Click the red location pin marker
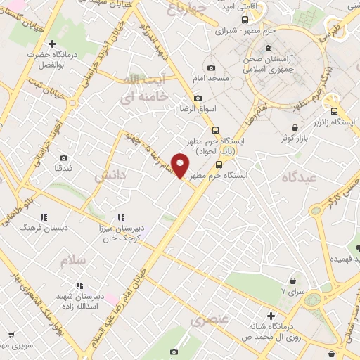pos(181,165)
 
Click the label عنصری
pos(210,320)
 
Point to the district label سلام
pos(72,260)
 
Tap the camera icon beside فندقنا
pos(64,158)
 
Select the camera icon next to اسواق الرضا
pos(198,98)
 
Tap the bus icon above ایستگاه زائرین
pos(333,110)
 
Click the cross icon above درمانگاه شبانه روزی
pos(270,316)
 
